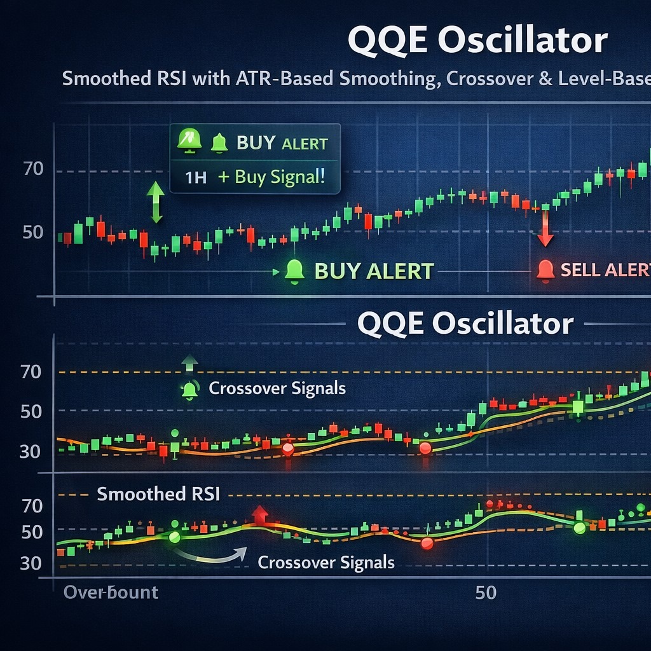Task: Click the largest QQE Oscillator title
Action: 477,41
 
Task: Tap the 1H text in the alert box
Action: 196,177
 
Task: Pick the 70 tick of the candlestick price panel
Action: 32,169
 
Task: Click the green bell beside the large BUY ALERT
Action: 294,271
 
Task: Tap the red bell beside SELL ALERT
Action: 545,270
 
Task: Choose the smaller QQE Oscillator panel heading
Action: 465,324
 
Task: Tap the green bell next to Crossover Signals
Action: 189,389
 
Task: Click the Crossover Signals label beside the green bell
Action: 277,388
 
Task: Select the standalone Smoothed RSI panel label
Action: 158,494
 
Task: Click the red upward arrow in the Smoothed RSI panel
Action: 259,514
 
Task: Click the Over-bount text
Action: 111,593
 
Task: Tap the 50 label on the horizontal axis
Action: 486,593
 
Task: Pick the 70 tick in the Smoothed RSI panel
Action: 32,506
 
